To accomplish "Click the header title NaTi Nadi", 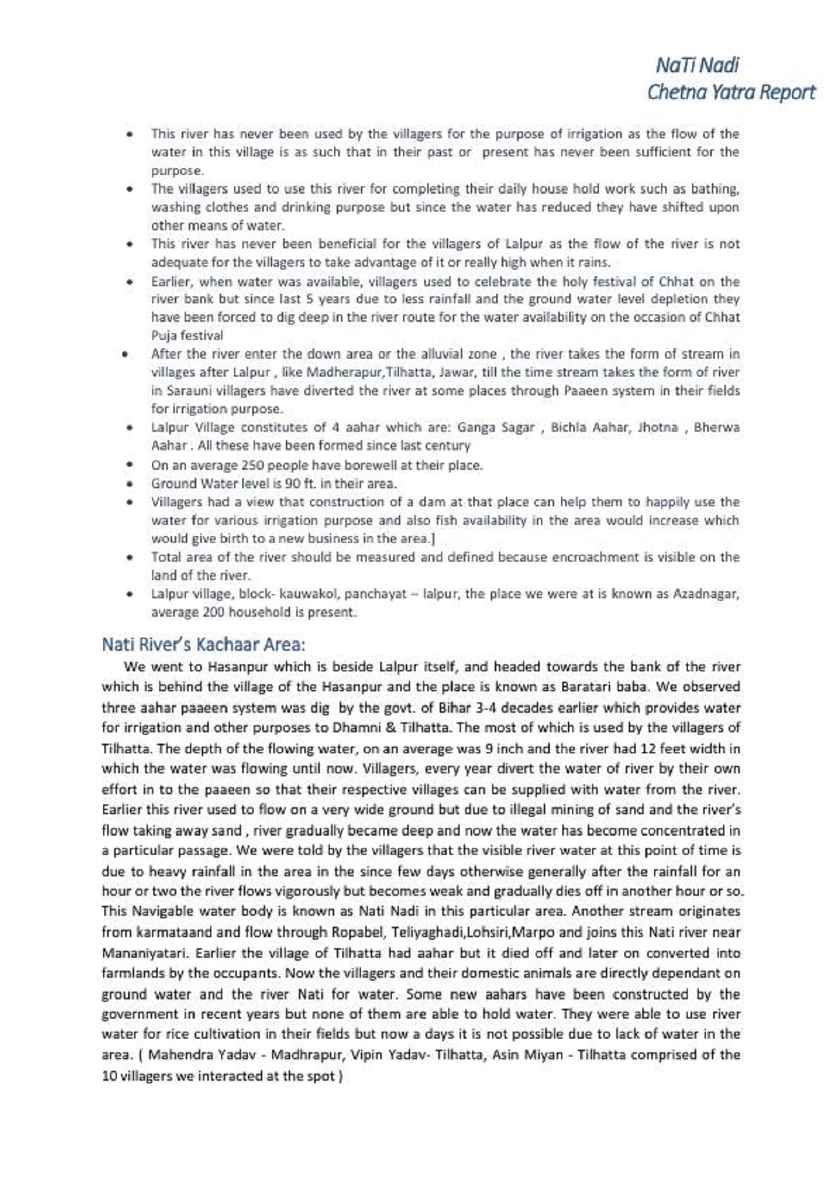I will click(x=697, y=65).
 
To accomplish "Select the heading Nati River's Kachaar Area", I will click(x=203, y=645).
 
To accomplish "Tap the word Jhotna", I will click(x=659, y=427).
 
